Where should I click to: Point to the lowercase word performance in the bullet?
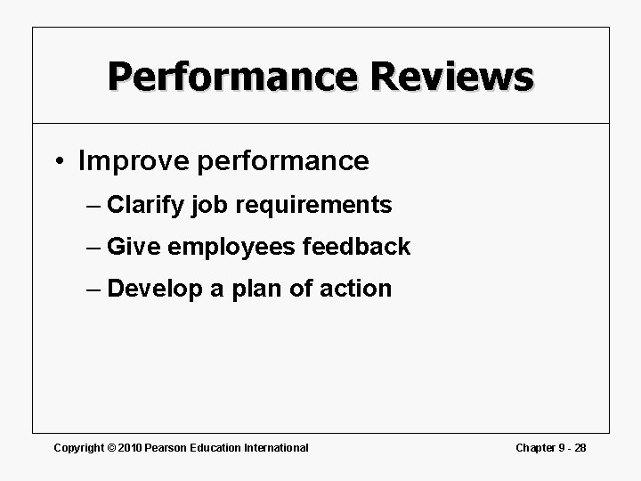282,162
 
